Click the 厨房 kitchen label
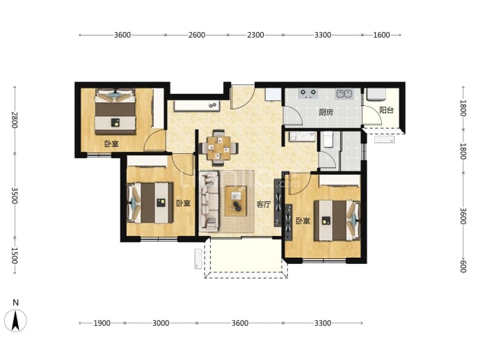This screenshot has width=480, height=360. (326, 112)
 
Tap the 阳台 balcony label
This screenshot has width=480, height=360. (386, 110)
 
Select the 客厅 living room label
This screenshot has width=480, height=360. (264, 204)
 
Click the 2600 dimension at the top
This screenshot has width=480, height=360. (197, 35)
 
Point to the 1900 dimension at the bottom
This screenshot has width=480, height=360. (102, 323)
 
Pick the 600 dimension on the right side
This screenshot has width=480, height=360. (463, 266)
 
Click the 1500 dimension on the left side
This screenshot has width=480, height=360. (15, 256)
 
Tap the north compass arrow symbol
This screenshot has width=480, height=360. (15, 320)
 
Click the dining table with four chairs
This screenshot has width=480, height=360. (218, 148)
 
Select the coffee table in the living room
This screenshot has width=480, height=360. (236, 201)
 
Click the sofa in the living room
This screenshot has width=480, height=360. (209, 202)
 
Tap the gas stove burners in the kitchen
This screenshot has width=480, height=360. (308, 93)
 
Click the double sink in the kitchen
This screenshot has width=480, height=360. (344, 94)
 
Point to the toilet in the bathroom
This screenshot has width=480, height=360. (328, 139)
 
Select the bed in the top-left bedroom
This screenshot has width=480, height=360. (115, 111)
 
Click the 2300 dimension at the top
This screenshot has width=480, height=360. (255, 35)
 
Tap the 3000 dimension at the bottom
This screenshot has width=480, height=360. (161, 323)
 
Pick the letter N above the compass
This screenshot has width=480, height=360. (15, 303)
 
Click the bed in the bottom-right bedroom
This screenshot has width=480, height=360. (337, 220)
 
